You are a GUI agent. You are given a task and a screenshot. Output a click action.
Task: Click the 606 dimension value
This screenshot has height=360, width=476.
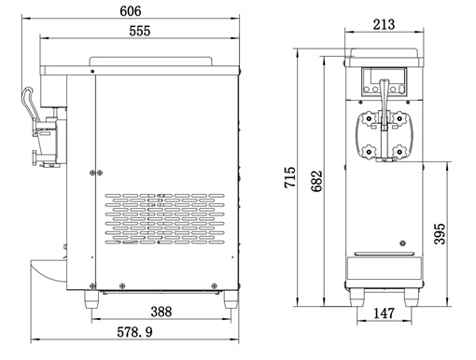[131, 11]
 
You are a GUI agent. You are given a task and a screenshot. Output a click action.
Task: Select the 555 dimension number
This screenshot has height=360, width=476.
[140, 31]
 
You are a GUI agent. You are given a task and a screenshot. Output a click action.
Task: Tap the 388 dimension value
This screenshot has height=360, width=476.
[161, 312]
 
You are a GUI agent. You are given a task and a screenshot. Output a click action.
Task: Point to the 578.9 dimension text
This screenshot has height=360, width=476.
[134, 332]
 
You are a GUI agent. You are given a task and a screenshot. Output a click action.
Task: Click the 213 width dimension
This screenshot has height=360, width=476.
[384, 24]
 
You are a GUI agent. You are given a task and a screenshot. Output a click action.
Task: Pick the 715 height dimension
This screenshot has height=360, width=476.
[290, 177]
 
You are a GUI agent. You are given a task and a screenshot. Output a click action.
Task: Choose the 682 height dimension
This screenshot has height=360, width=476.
[316, 181]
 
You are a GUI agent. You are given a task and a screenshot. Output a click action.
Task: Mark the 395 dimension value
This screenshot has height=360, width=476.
[440, 234]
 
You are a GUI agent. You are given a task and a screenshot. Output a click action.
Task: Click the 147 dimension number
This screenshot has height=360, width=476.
[384, 313]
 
